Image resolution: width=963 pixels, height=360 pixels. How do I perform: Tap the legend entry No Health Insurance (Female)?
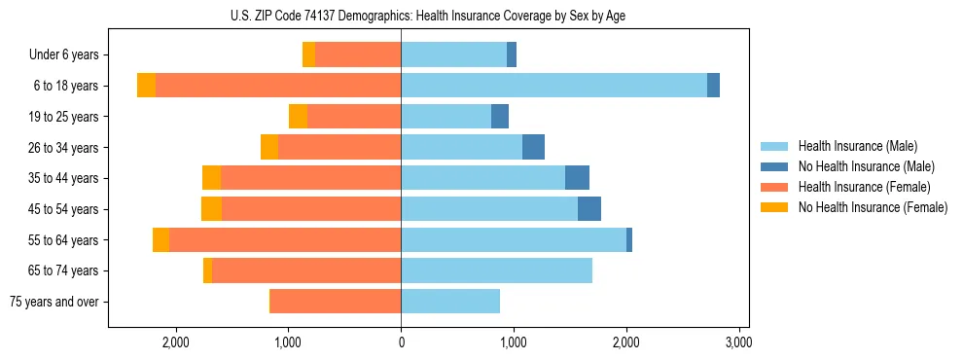(x=873, y=207)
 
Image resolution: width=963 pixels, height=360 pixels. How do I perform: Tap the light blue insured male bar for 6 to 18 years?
(x=553, y=86)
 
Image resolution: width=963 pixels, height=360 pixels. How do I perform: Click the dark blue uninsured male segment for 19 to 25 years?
(x=500, y=117)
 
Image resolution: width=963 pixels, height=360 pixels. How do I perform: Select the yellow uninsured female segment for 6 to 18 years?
(x=146, y=86)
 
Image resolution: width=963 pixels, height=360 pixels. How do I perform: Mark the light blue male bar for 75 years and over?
(x=450, y=302)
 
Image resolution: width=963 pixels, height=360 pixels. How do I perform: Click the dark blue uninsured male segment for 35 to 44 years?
(x=577, y=178)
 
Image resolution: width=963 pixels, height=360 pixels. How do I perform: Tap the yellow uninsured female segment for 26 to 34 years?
(x=269, y=147)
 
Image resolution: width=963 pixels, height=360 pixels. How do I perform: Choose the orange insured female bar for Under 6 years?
(x=358, y=55)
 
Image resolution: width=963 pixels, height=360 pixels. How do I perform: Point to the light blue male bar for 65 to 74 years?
(x=496, y=270)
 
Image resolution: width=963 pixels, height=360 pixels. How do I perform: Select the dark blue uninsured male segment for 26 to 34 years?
(x=533, y=147)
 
